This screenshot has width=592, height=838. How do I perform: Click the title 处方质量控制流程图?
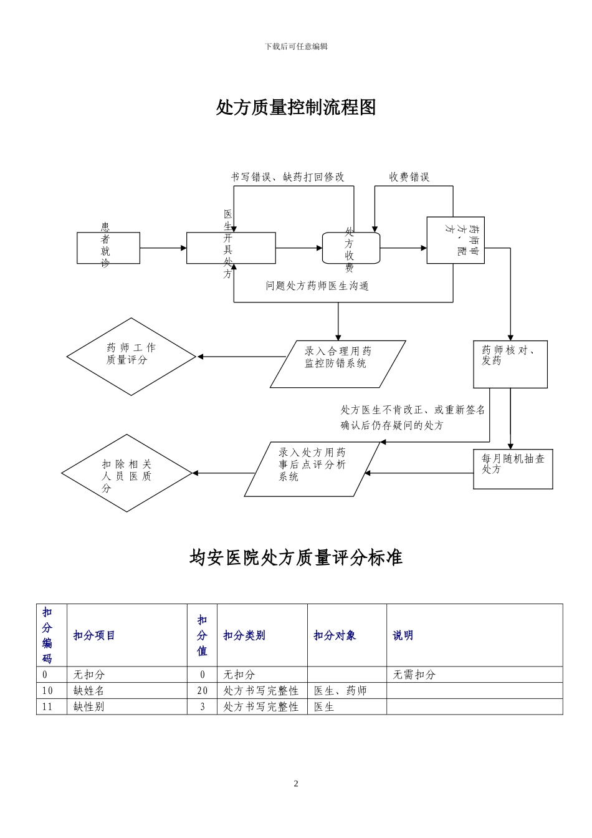pyautogui.click(x=296, y=107)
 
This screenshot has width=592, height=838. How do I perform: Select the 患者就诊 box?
pyautogui.click(x=108, y=248)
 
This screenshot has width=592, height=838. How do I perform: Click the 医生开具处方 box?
pyautogui.click(x=231, y=248)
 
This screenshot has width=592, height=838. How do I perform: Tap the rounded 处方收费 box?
pyautogui.click(x=351, y=248)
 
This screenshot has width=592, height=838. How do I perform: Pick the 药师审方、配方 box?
pyautogui.click(x=455, y=240)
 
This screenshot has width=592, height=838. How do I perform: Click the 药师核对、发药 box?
pyautogui.click(x=510, y=364)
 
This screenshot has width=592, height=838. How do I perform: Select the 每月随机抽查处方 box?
pyautogui.click(x=513, y=469)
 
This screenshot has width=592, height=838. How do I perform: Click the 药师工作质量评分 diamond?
pyautogui.click(x=131, y=357)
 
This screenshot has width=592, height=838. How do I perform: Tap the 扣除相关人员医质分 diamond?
pyautogui.click(x=127, y=473)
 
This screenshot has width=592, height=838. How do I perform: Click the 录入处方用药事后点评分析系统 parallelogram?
pyautogui.click(x=312, y=470)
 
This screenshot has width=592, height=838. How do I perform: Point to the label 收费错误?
pyautogui.click(x=409, y=177)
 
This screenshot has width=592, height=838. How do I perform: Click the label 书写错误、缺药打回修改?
pyautogui.click(x=287, y=177)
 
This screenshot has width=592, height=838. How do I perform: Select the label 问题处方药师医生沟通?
pyautogui.click(x=317, y=286)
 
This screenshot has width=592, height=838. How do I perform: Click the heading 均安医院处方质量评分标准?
pyautogui.click(x=296, y=557)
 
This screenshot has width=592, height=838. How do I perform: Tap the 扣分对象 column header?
pyautogui.click(x=335, y=635)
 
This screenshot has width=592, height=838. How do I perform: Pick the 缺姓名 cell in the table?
pyautogui.click(x=89, y=690)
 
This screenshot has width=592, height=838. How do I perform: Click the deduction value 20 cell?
pyautogui.click(x=203, y=690)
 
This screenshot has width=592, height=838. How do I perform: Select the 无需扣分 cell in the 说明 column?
pyautogui.click(x=414, y=675)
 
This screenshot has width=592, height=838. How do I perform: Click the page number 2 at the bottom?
pyautogui.click(x=296, y=784)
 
